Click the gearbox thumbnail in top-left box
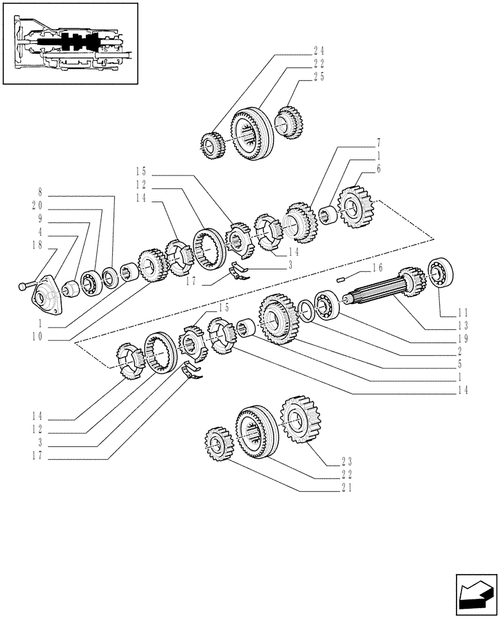click(x=70, y=43)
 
